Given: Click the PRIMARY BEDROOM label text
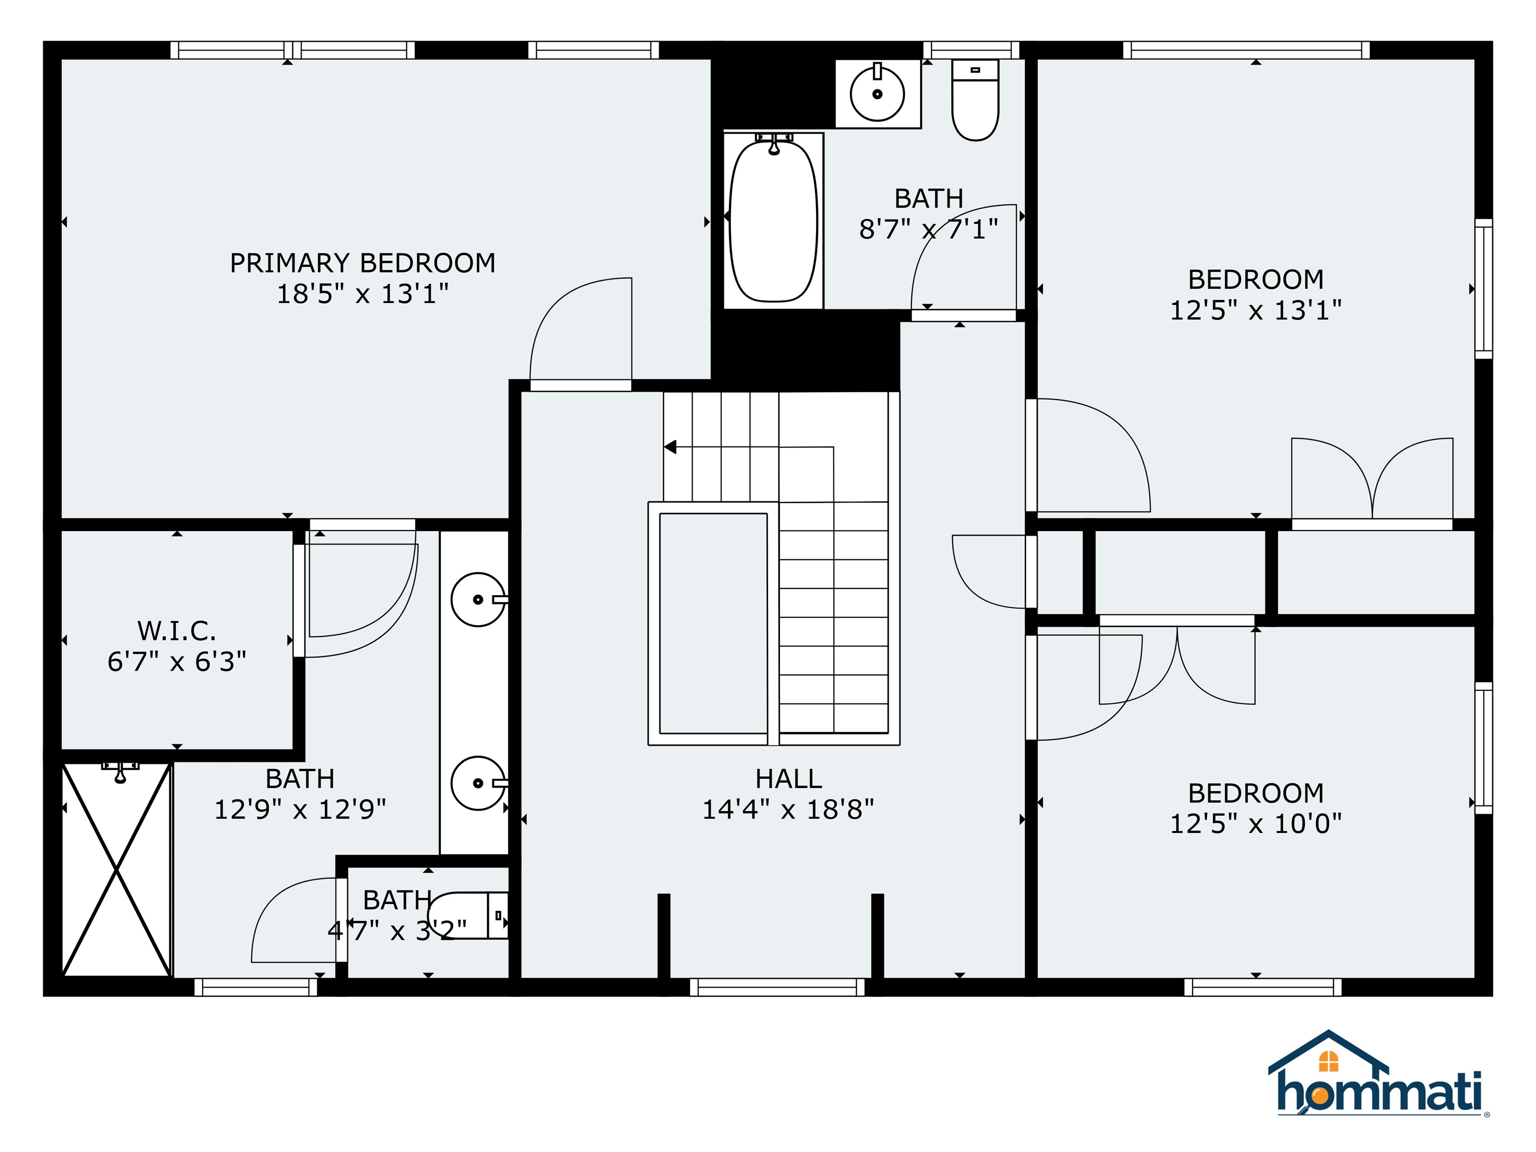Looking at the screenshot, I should click(x=362, y=263).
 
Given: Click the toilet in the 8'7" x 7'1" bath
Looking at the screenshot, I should click(x=975, y=100).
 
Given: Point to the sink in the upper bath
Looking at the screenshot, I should click(x=877, y=93).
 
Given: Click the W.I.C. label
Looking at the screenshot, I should click(x=176, y=631).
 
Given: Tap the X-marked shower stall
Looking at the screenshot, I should click(x=116, y=869).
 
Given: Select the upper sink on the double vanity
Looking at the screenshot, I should click(x=477, y=599).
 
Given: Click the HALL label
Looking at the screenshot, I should click(x=788, y=779).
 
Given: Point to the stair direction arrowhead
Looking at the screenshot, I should click(x=670, y=447).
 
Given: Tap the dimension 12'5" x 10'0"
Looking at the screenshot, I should click(x=1255, y=824).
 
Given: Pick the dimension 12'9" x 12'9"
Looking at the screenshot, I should click(x=300, y=809).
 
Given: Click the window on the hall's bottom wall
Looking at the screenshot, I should click(x=777, y=986).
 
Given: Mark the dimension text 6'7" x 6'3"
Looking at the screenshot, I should click(x=176, y=662).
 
